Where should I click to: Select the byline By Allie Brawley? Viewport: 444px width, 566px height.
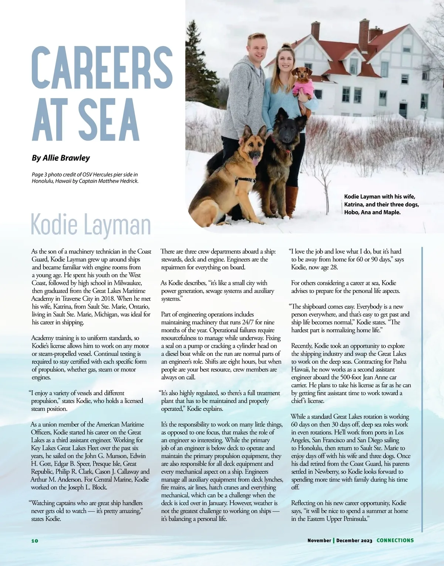coord(61,158)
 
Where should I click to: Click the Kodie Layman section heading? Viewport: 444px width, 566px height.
coord(91,225)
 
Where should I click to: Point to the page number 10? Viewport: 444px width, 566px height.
coord(34,540)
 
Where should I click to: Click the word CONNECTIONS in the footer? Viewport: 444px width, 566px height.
coord(395,540)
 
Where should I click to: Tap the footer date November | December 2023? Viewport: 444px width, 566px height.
coord(340,540)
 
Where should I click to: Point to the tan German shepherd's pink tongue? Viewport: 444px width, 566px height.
coord(255,161)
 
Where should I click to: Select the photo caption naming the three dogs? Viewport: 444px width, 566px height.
coord(381,205)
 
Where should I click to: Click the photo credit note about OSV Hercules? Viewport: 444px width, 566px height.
coord(85,178)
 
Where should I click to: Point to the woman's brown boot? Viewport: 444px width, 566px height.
coord(291,202)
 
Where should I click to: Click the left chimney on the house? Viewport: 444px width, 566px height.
coord(315,31)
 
